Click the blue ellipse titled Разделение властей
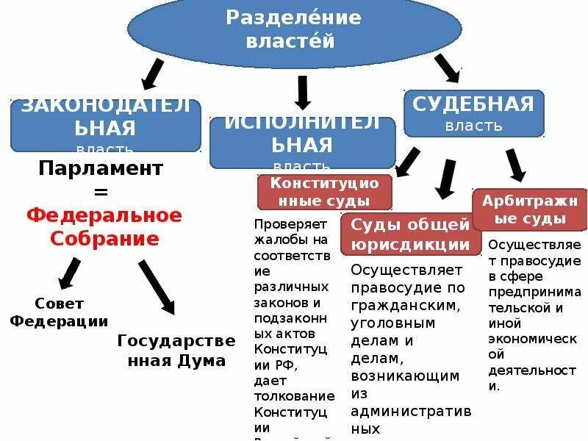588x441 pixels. (294, 29)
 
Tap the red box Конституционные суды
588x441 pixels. (324, 191)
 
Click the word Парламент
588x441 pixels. (100, 168)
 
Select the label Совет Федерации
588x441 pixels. (59, 312)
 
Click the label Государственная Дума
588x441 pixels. (176, 350)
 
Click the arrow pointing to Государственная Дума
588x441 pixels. (156, 287)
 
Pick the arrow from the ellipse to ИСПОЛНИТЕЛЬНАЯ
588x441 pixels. (302, 93)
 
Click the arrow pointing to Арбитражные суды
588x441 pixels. (514, 165)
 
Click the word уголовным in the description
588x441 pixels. (393, 323)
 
